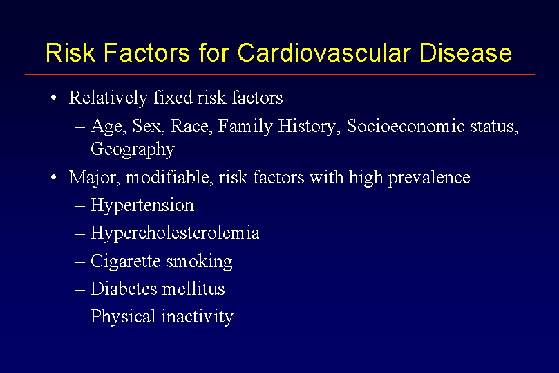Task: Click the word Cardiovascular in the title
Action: point(323,53)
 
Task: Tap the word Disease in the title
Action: point(466,53)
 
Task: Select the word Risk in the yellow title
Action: point(70,53)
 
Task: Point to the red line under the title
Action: point(279,75)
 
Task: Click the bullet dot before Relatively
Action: point(53,98)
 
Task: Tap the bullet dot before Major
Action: point(53,177)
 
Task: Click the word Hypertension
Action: point(142,206)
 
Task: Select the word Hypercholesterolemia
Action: point(175,234)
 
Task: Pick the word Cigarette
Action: point(126,262)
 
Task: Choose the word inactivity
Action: point(198,317)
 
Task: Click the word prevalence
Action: point(429,178)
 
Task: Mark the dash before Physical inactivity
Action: point(80,318)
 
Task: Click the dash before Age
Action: point(80,127)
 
